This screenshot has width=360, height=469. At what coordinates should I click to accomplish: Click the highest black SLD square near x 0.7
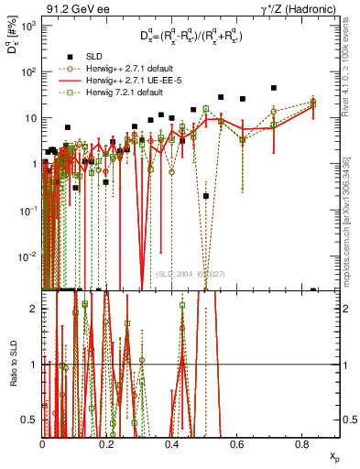tap(274, 89)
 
